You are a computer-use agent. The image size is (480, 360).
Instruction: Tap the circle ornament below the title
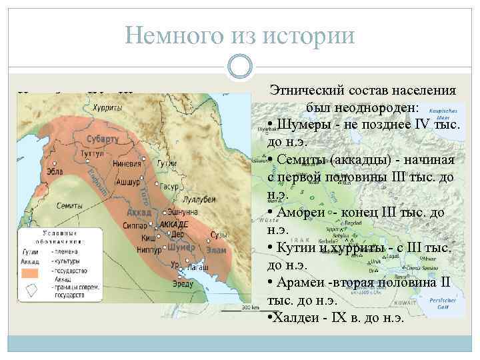click(x=239, y=67)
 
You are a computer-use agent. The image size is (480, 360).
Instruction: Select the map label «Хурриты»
click(x=107, y=107)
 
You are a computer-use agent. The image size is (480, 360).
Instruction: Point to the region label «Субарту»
click(x=102, y=139)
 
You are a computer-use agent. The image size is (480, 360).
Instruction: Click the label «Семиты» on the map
click(x=70, y=205)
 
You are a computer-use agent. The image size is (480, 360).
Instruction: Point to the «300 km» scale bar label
click(x=249, y=307)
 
